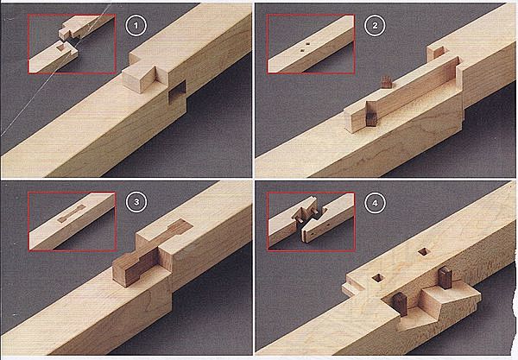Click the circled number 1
(x=136, y=25)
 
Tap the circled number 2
(x=375, y=25)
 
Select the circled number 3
(x=136, y=202)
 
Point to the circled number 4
(x=375, y=203)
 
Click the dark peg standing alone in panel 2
(x=386, y=82)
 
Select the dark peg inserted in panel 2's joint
(x=371, y=119)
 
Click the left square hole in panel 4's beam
(x=377, y=278)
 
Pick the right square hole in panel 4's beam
(x=423, y=252)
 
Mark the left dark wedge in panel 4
(x=400, y=304)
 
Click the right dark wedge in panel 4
(x=445, y=278)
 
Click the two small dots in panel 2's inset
(x=305, y=47)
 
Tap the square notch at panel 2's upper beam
(x=438, y=52)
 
